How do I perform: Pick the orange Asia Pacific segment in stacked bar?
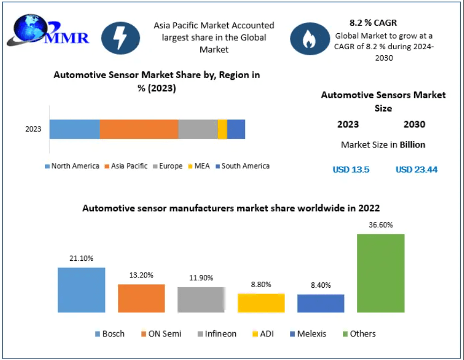click(x=139, y=129)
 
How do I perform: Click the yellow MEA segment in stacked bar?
click(x=222, y=129)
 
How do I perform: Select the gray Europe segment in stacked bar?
click(x=198, y=129)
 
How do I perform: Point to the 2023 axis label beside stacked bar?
click(x=34, y=130)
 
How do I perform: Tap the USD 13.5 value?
click(x=351, y=170)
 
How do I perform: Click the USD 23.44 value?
click(x=416, y=170)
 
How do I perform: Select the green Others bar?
click(x=380, y=273)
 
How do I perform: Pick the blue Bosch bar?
click(x=81, y=290)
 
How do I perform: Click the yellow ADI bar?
click(x=261, y=303)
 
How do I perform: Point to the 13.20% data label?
click(x=141, y=275)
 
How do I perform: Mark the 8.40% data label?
click(x=321, y=285)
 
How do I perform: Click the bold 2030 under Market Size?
click(x=414, y=125)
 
